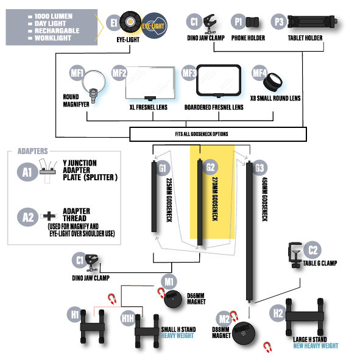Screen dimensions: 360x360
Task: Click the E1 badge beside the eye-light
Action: (x=114, y=23)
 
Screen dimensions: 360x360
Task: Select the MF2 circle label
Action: (x=119, y=73)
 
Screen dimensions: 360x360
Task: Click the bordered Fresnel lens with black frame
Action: (x=219, y=81)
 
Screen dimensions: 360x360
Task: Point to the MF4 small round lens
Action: (x=272, y=82)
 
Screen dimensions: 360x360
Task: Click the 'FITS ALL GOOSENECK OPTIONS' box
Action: (x=218, y=134)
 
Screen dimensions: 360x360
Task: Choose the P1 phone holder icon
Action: (x=252, y=23)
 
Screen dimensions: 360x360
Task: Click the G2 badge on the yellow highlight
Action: (x=210, y=167)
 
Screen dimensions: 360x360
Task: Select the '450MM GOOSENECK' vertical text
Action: (x=265, y=199)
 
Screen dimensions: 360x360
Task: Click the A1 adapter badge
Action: (x=27, y=172)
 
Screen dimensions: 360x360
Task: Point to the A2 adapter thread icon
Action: (x=49, y=216)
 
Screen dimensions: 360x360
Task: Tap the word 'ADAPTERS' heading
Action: (x=33, y=151)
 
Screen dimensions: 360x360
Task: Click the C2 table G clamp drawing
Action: (x=295, y=255)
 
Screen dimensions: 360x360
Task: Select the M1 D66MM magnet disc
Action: (x=172, y=299)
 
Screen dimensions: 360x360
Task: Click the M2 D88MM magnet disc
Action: (x=244, y=333)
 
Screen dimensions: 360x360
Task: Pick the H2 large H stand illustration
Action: (x=305, y=317)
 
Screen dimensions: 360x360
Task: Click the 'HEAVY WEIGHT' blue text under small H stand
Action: (x=177, y=336)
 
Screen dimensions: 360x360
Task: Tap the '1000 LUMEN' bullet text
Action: (x=54, y=16)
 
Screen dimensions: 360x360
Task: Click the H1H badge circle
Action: (x=128, y=318)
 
